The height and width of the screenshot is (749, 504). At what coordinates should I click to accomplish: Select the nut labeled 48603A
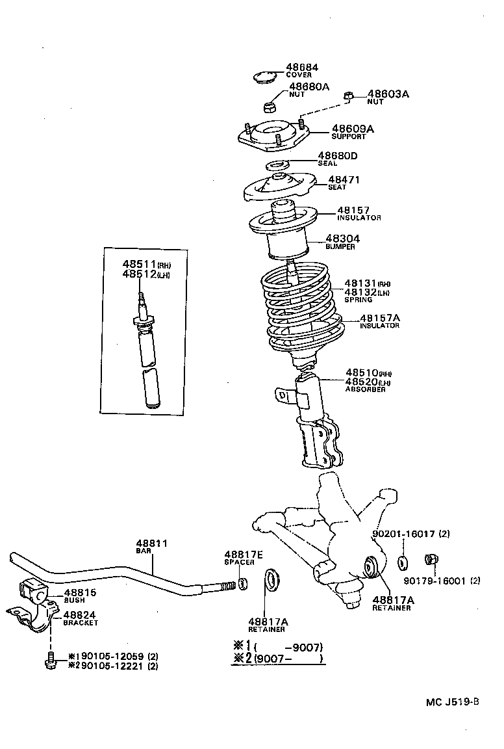349,96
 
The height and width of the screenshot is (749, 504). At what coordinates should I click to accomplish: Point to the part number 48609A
353,129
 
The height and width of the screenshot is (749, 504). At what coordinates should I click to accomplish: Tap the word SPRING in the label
358,300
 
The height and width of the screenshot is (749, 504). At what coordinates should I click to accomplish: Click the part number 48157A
380,317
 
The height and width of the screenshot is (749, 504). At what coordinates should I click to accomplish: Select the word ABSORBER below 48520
365,389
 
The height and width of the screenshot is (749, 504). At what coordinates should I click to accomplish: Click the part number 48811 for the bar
151,543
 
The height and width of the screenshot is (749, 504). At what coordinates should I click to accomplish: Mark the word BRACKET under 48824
81,623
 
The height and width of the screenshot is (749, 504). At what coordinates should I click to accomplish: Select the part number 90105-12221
110,665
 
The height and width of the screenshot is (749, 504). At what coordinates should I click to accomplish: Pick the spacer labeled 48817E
243,583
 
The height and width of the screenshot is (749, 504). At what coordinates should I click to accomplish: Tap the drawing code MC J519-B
453,702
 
